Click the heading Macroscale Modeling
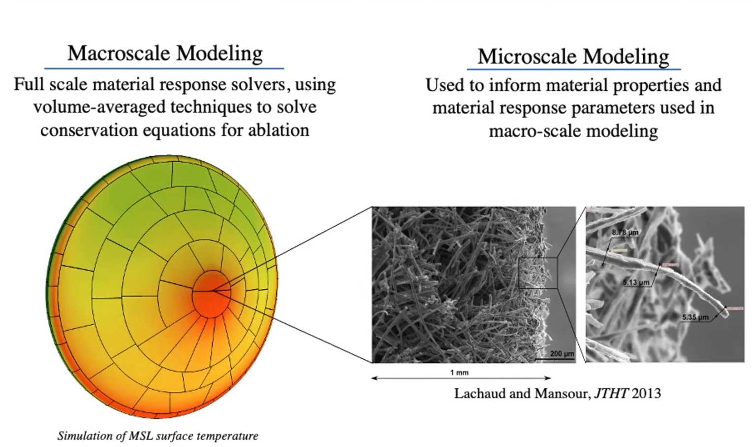pos(165,54)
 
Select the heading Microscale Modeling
pos(573,56)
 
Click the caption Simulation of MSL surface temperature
pos(158,436)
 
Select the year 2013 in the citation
pos(646,393)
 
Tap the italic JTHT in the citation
pos(611,393)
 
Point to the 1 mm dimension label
pos(459,373)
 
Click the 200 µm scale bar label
pos(562,353)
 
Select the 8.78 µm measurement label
pos(625,232)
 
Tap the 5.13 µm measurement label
pos(636,282)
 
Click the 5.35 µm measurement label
pos(695,317)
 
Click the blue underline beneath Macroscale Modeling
pos(164,69)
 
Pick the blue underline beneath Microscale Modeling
pos(574,69)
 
